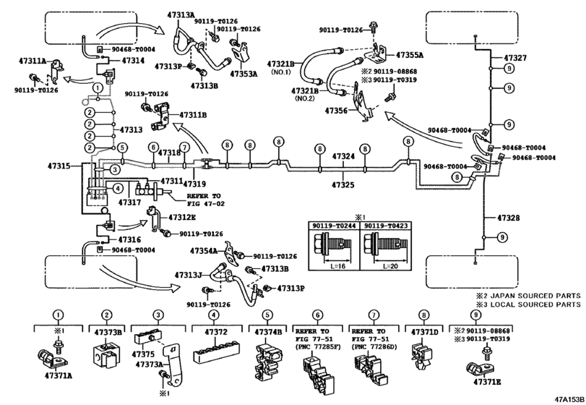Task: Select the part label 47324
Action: (x=344, y=156)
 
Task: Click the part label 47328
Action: (x=515, y=217)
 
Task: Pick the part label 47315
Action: (x=59, y=167)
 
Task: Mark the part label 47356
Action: (x=337, y=111)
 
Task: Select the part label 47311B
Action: (x=193, y=114)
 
